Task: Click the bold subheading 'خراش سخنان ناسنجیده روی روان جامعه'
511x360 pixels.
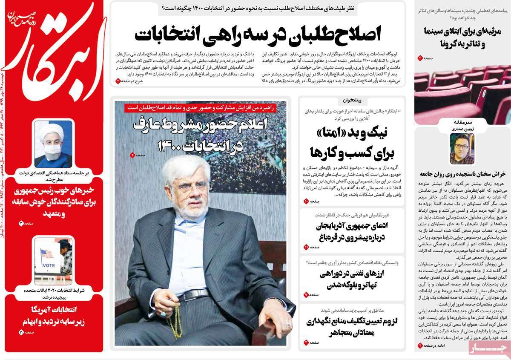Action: tap(462, 175)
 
